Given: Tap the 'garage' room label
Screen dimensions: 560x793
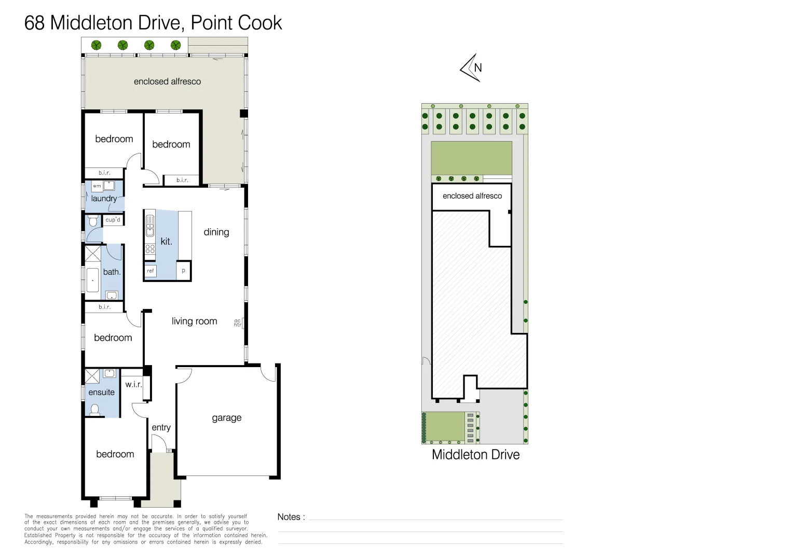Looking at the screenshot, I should (226, 418).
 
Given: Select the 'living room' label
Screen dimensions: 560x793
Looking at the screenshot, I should (194, 321).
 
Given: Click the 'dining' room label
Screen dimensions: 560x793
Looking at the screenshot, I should (216, 232).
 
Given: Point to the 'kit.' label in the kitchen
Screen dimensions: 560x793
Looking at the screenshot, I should (166, 242).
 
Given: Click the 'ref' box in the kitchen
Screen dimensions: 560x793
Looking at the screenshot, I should (151, 271).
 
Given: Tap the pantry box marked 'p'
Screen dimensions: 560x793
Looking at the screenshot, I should (183, 271).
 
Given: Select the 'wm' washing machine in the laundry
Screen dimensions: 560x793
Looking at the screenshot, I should (97, 186).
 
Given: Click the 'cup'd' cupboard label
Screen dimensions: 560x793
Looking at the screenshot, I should (113, 220).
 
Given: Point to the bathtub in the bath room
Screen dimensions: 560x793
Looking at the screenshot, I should (93, 281).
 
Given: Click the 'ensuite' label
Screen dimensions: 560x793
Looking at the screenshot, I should (101, 393).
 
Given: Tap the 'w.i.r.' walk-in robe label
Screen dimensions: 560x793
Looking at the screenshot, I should (133, 384).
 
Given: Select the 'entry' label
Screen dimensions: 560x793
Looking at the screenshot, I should (161, 428).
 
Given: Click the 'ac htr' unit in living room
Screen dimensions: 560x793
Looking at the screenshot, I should (238, 323).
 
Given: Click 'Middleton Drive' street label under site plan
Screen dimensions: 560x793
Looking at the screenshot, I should (475, 455).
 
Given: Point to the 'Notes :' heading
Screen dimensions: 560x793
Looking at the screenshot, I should (291, 517).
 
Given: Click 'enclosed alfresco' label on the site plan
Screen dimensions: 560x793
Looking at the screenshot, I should (472, 196).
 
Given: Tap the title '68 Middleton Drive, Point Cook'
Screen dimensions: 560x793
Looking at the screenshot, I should (153, 23).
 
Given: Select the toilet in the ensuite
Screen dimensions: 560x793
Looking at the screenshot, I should (95, 410).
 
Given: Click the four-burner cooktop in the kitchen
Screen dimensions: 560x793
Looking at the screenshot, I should (150, 249).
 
